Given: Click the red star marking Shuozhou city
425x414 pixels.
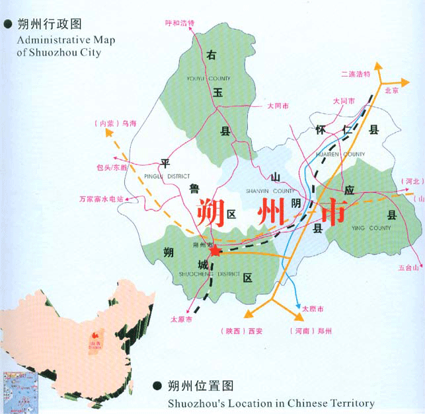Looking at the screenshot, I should pyautogui.click(x=215, y=251).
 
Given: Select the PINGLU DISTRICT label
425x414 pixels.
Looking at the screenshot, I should pyautogui.click(x=167, y=176).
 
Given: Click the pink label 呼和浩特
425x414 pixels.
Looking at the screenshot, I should pyautogui.click(x=180, y=23).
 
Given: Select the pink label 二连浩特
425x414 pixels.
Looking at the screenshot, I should pyautogui.click(x=356, y=74).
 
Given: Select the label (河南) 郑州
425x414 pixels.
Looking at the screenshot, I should pyautogui.click(x=310, y=330).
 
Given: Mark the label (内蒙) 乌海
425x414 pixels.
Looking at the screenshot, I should pyautogui.click(x=116, y=123).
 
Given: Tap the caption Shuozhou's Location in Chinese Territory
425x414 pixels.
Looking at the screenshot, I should pyautogui.click(x=271, y=403).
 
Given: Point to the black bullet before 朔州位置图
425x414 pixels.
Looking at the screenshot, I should pyautogui.click(x=157, y=386).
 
